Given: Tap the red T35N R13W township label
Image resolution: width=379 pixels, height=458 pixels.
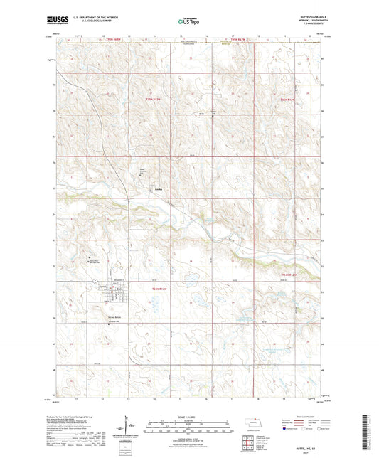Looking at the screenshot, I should (x=154, y=99).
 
